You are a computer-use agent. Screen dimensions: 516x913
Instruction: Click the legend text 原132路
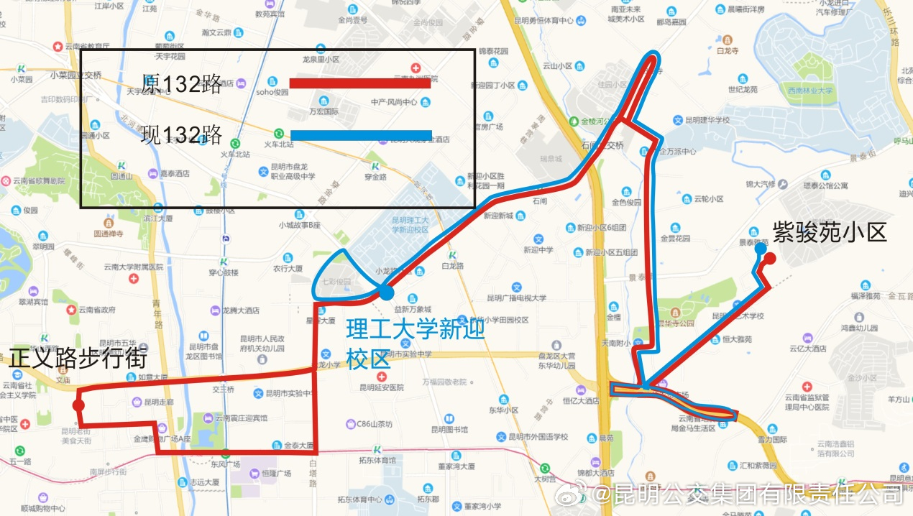182,84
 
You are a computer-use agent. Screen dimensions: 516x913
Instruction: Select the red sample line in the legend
359,83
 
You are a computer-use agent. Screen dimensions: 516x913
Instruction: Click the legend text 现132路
182,135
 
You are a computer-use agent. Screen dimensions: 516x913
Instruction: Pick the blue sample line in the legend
361,135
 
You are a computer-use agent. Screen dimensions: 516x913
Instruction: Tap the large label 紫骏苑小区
830,231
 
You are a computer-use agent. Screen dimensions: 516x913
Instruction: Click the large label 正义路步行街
78,358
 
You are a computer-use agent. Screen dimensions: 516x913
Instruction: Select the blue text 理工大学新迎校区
416,344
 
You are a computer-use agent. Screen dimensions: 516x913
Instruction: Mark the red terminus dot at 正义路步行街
78,405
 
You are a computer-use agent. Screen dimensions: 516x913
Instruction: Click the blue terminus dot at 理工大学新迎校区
387,292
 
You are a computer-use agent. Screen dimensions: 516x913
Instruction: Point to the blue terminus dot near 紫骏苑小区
760,248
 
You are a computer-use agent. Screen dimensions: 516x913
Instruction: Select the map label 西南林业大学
809,91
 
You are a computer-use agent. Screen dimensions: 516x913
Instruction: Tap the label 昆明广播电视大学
516,298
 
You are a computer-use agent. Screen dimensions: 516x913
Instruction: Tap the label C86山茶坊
375,424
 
